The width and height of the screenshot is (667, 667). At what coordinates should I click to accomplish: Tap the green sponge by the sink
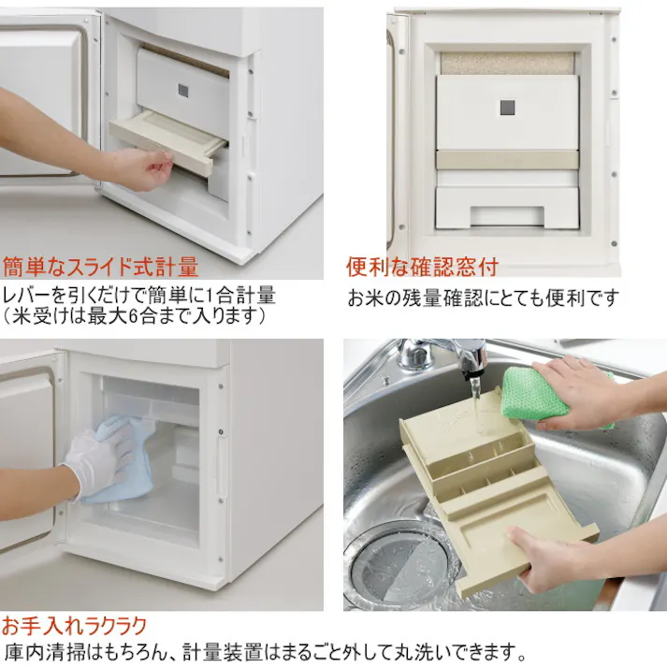coord(535,393)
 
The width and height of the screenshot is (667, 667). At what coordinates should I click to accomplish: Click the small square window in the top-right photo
coord(507,107)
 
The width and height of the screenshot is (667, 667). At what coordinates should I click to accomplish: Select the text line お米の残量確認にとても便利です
coord(483,297)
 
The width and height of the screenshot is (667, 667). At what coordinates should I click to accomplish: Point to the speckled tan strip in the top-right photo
coord(507,63)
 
